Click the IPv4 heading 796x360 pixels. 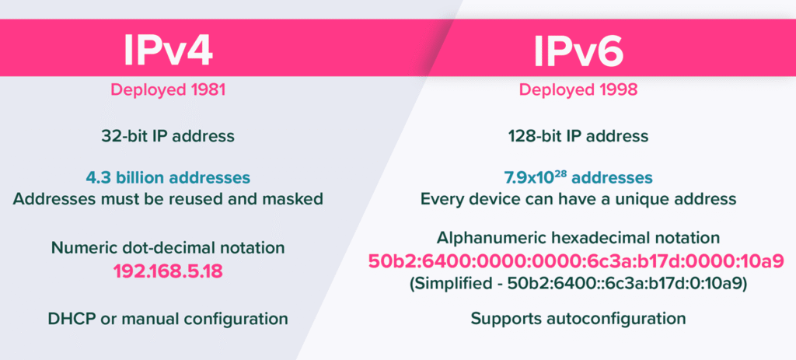tap(168, 50)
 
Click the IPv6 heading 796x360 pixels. tap(578, 51)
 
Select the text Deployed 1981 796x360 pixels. tap(168, 90)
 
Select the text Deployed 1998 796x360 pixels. tap(578, 90)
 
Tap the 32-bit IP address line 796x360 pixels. tap(168, 136)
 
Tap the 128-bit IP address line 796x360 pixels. tap(578, 136)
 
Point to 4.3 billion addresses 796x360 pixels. tap(168, 178)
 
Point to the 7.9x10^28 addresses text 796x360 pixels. tap(578, 178)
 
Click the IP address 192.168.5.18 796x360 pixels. tap(168, 271)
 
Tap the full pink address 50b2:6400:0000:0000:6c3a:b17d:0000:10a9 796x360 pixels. tap(576, 261)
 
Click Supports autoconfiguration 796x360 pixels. tap(578, 319)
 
